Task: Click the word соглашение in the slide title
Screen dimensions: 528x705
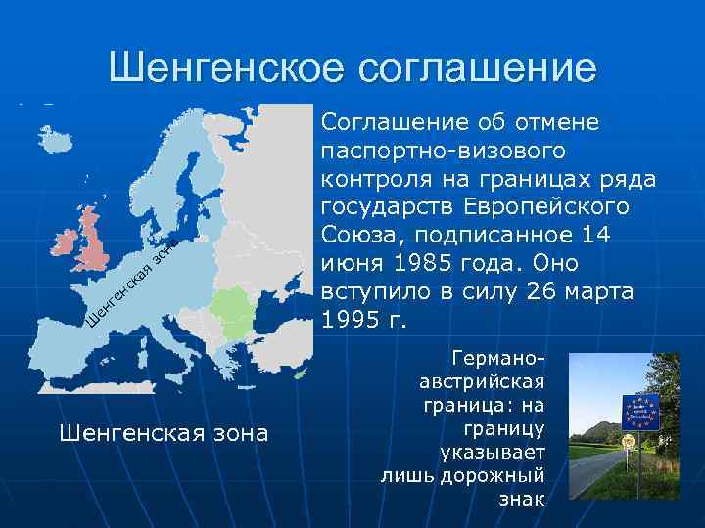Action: [x=477, y=68]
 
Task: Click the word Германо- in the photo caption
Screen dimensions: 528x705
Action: [x=500, y=355]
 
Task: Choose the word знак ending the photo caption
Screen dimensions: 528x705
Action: [x=522, y=499]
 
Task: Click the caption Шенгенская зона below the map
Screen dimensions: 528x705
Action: [x=164, y=431]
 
